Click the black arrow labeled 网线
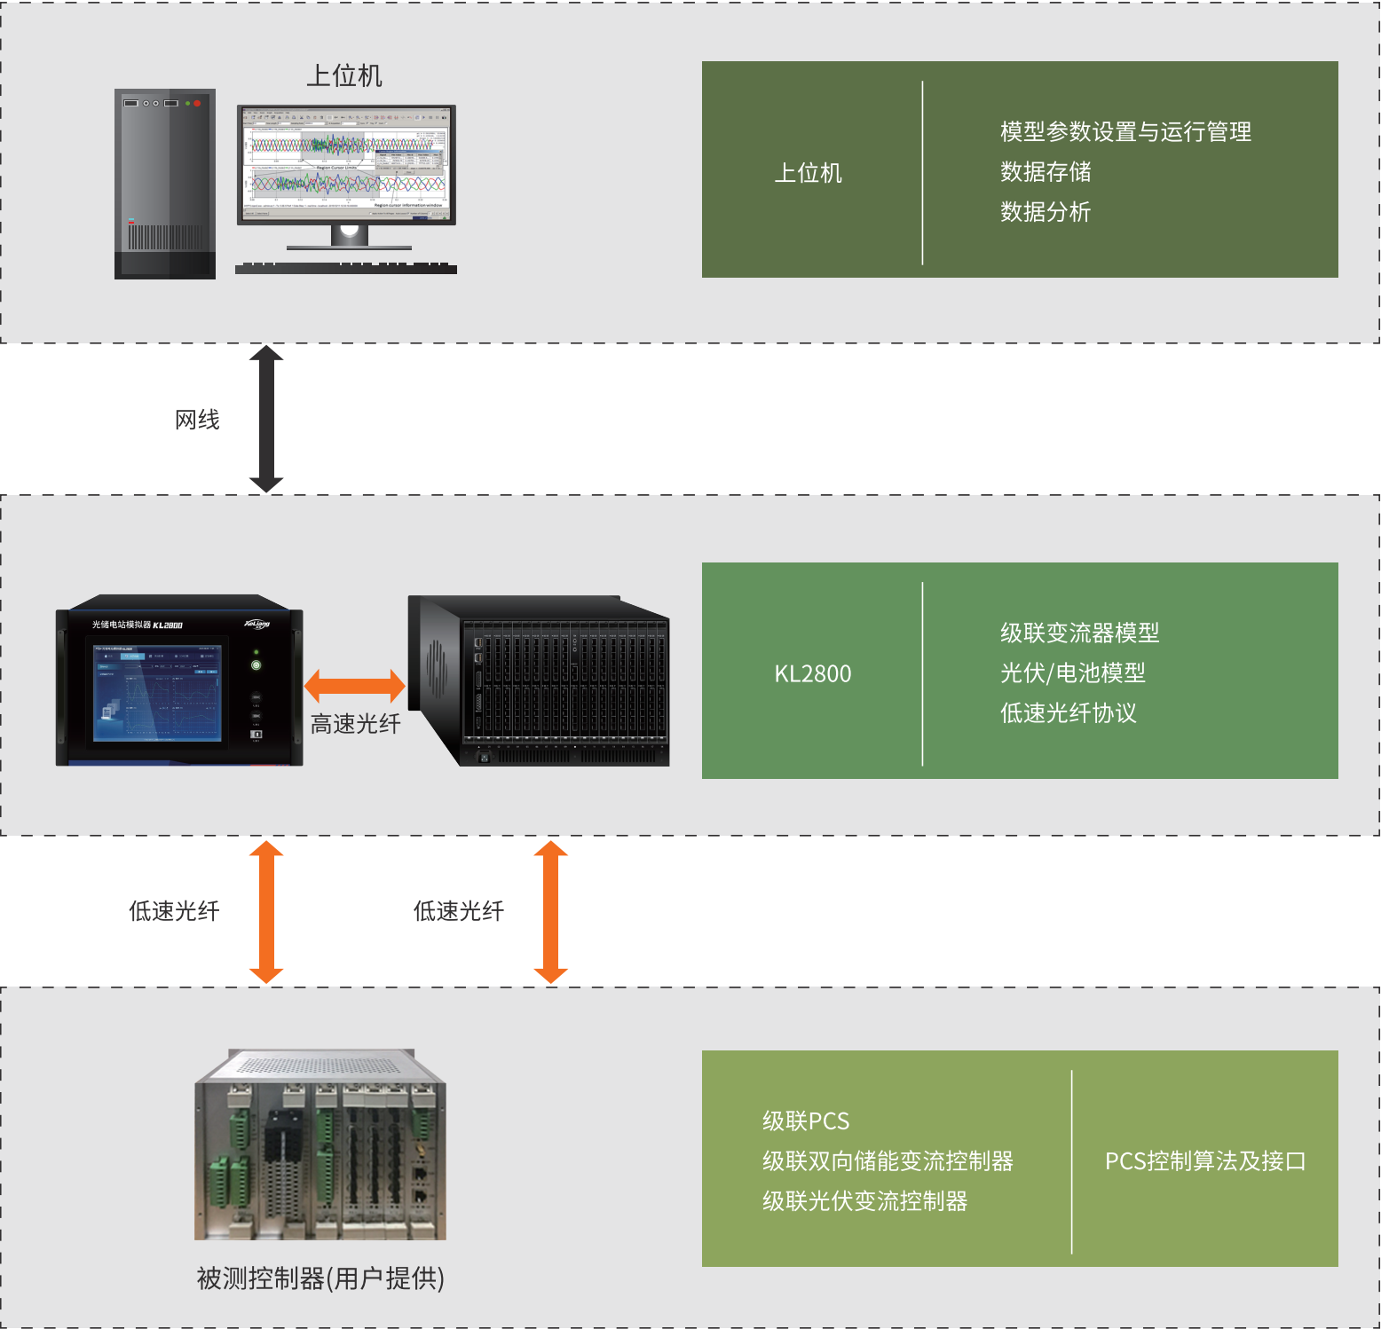(x=266, y=419)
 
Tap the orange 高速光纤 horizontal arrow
(x=354, y=686)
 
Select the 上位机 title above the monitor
(x=344, y=76)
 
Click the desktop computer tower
(x=165, y=184)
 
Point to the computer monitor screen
(x=346, y=165)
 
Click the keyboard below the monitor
(x=346, y=268)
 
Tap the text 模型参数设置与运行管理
(x=1125, y=132)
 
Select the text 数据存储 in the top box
(x=1046, y=172)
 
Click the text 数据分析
(x=1046, y=212)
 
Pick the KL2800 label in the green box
(x=812, y=674)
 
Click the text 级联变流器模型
(x=1079, y=633)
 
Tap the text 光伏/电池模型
(x=1072, y=673)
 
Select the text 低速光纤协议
(x=1068, y=713)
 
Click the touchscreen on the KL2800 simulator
(x=158, y=693)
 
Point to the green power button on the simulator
(x=256, y=664)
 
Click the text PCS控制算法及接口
(x=1205, y=1161)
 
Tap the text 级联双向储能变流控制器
(x=888, y=1161)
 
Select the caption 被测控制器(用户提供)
(x=320, y=1278)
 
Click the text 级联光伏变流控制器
(x=864, y=1201)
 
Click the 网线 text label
(x=197, y=420)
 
